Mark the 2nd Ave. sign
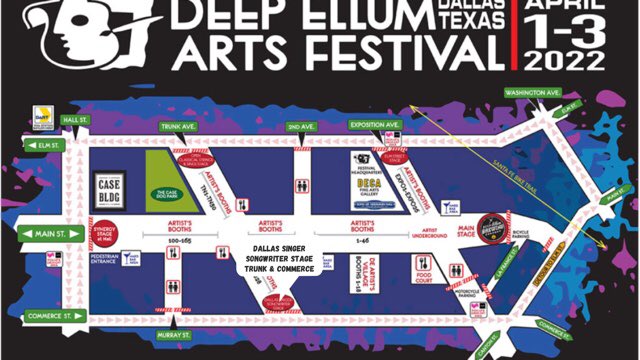tap(300, 127)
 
